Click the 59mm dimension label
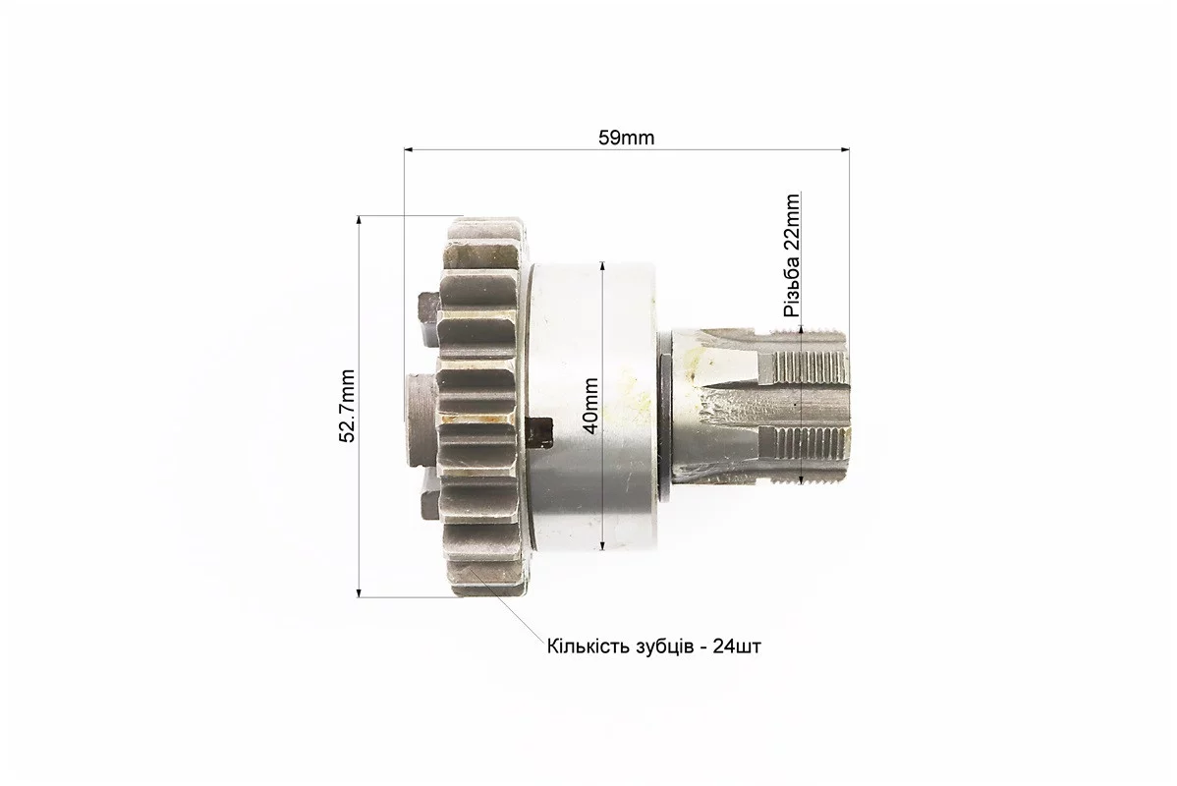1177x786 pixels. coord(626,139)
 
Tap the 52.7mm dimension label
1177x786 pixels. coord(347,406)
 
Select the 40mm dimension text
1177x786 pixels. coord(590,406)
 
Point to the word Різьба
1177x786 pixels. coord(792,285)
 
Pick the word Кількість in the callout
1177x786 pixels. coord(589,646)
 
